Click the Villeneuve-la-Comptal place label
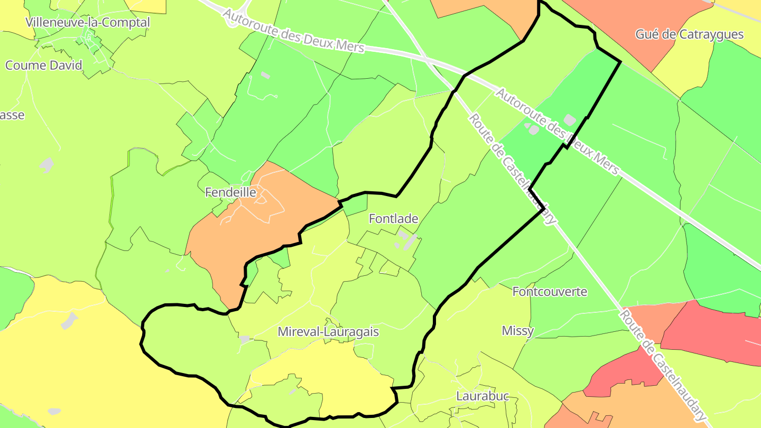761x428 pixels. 88,23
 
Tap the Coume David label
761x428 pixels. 44,66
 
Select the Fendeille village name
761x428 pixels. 230,192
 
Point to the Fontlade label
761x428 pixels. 393,218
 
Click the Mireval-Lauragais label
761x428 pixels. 328,332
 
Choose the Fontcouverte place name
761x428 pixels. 550,291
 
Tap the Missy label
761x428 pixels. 517,331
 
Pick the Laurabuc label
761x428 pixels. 482,396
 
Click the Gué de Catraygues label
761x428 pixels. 689,35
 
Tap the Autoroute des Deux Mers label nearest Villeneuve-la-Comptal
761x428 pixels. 293,31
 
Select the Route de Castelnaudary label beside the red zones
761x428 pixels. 663,365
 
